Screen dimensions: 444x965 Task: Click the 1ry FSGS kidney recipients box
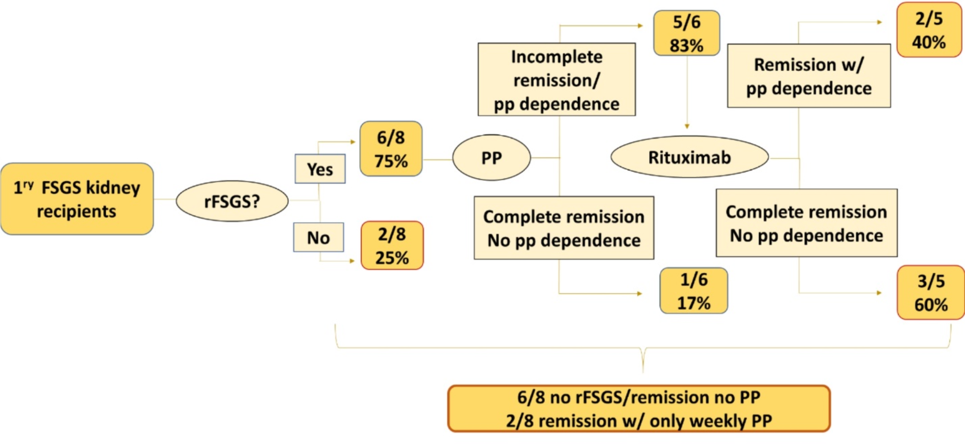[x=77, y=199]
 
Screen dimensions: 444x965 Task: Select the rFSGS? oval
[x=232, y=201]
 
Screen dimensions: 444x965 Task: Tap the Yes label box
[x=320, y=169]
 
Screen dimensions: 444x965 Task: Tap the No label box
[x=319, y=237]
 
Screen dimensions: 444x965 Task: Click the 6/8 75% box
[x=391, y=149]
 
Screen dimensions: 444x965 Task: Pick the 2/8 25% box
[x=392, y=246]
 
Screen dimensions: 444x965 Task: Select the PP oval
[x=492, y=158]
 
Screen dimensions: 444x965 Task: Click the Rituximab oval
[x=690, y=157]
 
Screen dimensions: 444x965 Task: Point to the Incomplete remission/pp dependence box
[x=557, y=80]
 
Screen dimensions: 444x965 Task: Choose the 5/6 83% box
[x=686, y=33]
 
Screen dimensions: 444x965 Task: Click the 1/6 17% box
[x=693, y=291]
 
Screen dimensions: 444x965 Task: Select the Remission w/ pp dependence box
[x=809, y=76]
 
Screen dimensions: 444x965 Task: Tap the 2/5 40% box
[x=929, y=30]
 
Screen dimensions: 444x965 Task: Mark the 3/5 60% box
[x=931, y=293]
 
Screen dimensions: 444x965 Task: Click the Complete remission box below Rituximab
[x=806, y=223]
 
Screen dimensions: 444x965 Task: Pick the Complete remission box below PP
[x=564, y=228]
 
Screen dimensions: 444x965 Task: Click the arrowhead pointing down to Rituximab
[x=687, y=126]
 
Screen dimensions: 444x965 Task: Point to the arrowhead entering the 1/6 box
[x=640, y=293]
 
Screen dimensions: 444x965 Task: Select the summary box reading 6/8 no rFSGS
[x=639, y=408]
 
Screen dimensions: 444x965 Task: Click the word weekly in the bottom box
[x=718, y=421]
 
